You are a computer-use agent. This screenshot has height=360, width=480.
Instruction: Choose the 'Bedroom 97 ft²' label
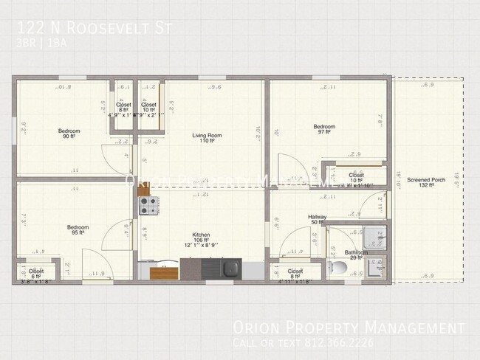323,127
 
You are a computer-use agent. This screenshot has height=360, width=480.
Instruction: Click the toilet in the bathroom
338,266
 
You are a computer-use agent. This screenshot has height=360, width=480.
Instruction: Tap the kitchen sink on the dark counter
227,266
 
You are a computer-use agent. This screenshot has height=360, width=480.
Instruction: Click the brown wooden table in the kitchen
164,273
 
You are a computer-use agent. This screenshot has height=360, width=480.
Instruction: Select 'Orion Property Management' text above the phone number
349,328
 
